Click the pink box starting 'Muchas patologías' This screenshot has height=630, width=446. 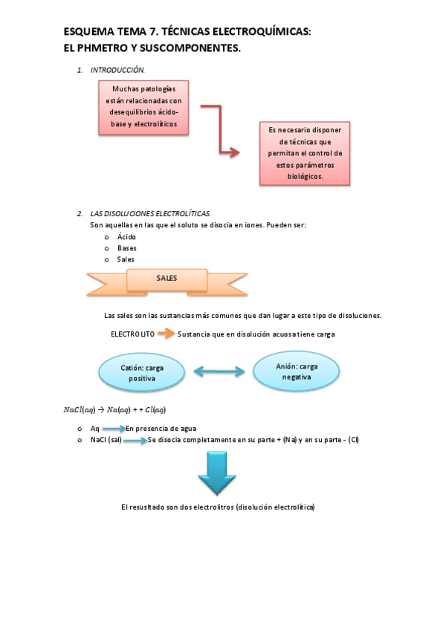click(143, 107)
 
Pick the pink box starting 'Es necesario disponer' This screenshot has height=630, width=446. click(305, 153)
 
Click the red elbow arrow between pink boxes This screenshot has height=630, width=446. click(221, 131)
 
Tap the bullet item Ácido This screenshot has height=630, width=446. click(126, 236)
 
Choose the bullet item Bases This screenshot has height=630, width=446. click(126, 248)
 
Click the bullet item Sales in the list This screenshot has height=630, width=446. click(126, 259)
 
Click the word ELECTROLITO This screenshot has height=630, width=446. click(133, 334)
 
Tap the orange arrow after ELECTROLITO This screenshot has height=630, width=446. click(166, 334)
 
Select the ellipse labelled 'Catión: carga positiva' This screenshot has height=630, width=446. click(142, 372)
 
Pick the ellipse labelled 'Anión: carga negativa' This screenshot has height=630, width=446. click(296, 371)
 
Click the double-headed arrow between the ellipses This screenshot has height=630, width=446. click(219, 371)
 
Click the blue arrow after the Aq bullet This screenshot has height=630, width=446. click(114, 429)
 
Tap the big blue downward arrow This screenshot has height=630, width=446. click(217, 473)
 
